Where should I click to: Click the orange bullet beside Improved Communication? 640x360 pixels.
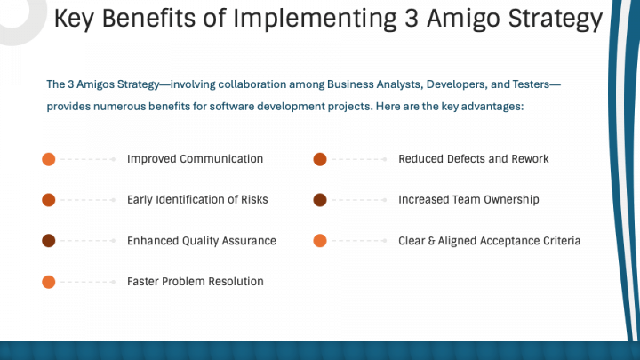(x=49, y=159)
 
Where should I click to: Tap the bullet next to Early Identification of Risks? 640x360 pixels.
(x=49, y=200)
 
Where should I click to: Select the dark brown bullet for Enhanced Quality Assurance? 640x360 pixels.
(x=49, y=241)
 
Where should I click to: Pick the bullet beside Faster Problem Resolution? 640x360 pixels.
(x=49, y=282)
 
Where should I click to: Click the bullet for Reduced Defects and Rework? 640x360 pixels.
(x=320, y=159)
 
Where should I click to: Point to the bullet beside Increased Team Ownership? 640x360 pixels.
(x=320, y=200)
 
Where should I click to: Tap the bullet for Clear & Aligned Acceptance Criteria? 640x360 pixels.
(x=320, y=241)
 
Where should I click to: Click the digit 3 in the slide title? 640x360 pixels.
(x=412, y=19)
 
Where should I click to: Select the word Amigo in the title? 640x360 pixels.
(x=462, y=20)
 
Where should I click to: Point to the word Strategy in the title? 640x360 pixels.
(x=556, y=20)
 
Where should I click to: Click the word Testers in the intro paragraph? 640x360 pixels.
(x=531, y=84)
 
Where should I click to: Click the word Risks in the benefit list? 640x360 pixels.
(x=254, y=200)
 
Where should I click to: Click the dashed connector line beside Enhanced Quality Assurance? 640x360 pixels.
(x=88, y=241)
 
